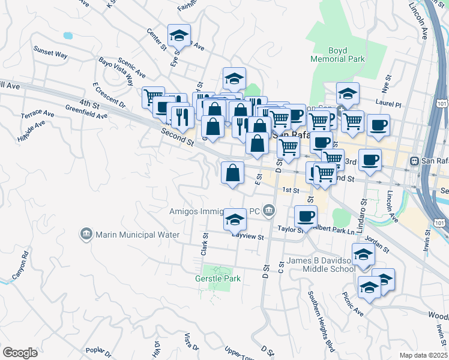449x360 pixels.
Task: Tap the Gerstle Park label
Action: point(217,278)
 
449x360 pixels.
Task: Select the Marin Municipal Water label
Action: point(137,234)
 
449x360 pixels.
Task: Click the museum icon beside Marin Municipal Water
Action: point(86,233)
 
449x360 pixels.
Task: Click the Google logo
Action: point(20,352)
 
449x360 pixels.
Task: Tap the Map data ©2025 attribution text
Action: point(423,355)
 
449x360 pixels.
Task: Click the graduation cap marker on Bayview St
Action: point(235,221)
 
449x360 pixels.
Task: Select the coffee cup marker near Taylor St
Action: point(306,217)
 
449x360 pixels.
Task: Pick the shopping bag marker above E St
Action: point(232,173)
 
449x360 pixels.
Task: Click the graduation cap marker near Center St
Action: point(179,36)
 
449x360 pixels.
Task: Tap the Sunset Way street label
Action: point(50,53)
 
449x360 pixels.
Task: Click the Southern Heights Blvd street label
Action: point(322,320)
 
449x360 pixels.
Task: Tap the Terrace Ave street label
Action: point(37,112)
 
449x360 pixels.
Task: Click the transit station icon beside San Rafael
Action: point(414,161)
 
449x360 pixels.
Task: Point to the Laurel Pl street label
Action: point(388,103)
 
